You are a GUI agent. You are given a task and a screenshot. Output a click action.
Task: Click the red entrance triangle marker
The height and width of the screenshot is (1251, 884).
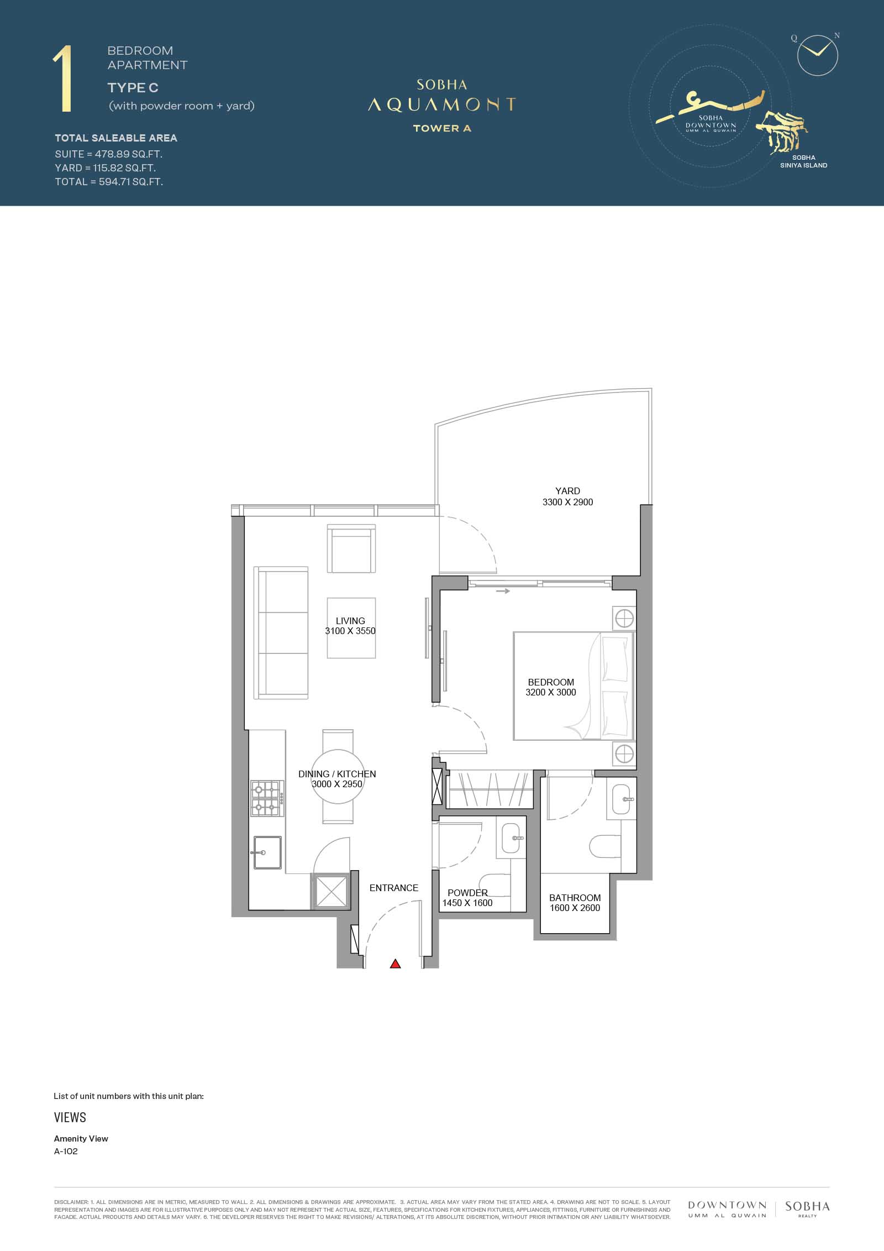point(395,964)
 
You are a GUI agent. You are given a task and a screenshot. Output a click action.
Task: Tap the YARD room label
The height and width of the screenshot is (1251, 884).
point(567,491)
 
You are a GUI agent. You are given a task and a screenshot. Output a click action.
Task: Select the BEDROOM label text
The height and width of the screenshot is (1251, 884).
point(551,682)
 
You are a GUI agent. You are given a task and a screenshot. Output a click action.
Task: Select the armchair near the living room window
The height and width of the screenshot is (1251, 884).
point(351,549)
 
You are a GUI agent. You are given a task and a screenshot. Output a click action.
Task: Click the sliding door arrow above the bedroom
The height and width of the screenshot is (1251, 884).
point(503,591)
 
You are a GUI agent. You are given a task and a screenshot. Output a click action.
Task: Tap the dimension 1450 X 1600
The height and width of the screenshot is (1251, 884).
point(467,903)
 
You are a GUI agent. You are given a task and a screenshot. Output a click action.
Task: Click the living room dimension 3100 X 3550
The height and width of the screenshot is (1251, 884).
point(350,631)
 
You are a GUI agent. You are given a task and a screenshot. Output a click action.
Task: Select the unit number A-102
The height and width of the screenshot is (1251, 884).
point(66,1151)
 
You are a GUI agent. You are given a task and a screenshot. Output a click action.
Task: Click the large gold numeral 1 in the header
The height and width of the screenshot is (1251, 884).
point(63,80)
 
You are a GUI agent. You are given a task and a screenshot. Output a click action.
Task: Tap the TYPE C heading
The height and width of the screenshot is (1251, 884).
point(133,87)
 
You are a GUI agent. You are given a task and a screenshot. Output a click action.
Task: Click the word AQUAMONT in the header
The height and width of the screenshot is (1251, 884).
point(442,104)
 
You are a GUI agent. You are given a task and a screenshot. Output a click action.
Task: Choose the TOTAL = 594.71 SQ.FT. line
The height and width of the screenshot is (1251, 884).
point(109,181)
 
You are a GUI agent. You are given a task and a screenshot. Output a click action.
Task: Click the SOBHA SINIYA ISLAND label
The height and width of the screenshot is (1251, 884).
point(803,161)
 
